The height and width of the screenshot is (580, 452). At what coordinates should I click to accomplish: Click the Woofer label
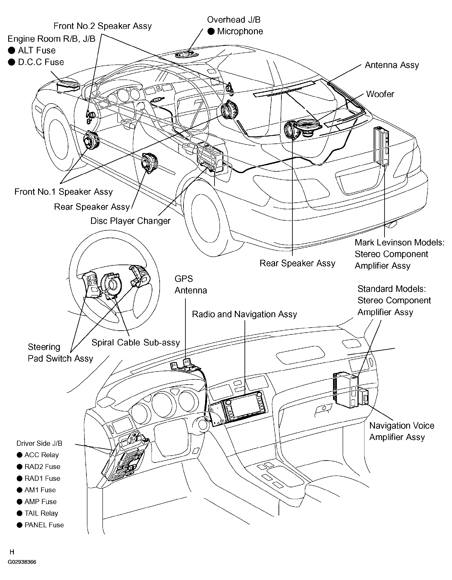click(x=380, y=94)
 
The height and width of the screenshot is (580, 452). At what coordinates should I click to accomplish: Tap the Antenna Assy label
click(x=392, y=65)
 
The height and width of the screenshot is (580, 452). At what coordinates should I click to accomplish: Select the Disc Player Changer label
click(x=130, y=221)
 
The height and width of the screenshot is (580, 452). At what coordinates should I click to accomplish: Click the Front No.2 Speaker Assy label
click(x=103, y=26)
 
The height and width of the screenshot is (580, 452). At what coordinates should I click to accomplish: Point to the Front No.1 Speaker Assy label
click(x=63, y=192)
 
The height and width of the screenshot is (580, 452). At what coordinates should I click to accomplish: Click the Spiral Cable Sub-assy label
click(x=136, y=343)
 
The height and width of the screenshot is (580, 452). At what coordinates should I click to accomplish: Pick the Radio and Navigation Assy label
click(x=245, y=314)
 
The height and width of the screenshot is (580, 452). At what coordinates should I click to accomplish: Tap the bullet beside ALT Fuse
click(x=11, y=51)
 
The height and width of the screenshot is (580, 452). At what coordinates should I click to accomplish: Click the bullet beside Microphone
click(x=211, y=31)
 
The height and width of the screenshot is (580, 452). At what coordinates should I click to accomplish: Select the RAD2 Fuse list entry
click(x=39, y=467)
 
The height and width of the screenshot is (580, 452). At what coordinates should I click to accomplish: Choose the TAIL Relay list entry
click(x=37, y=513)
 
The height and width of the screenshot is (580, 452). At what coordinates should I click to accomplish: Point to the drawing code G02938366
click(x=22, y=562)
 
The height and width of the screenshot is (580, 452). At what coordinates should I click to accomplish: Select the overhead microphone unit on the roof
click(x=187, y=55)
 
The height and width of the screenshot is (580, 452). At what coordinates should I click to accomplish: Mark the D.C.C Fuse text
click(x=41, y=62)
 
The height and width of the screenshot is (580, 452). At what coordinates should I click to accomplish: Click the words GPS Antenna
click(x=191, y=285)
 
